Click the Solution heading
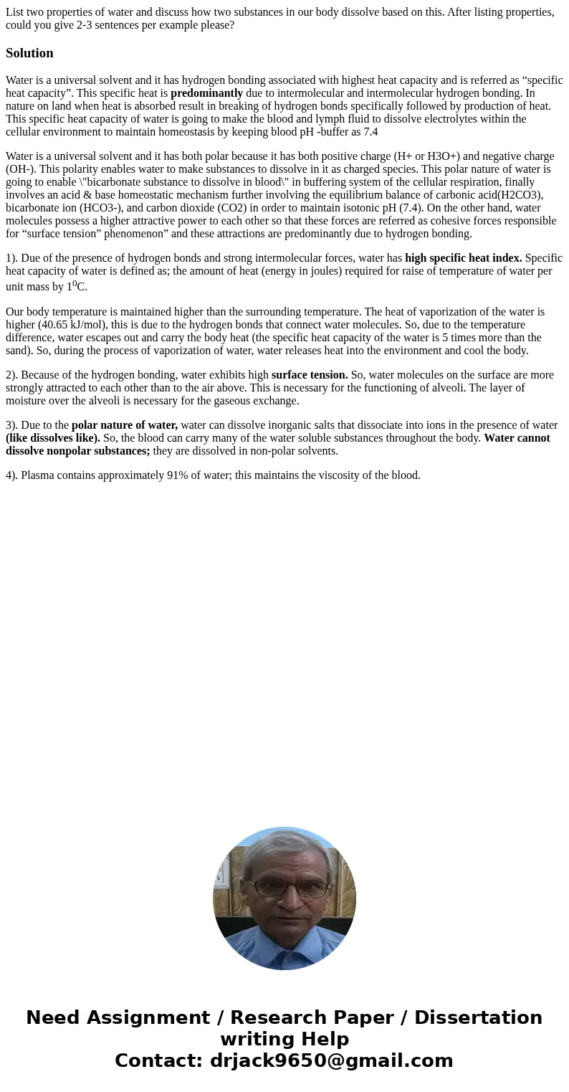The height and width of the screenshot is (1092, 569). [x=29, y=53]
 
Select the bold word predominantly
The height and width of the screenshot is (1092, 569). [x=206, y=92]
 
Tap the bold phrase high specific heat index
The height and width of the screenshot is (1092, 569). [x=463, y=257]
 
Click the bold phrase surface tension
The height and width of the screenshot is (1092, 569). [x=310, y=374]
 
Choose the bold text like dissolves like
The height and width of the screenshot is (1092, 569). [x=53, y=437]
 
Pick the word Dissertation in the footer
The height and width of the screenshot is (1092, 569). [x=478, y=1017]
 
